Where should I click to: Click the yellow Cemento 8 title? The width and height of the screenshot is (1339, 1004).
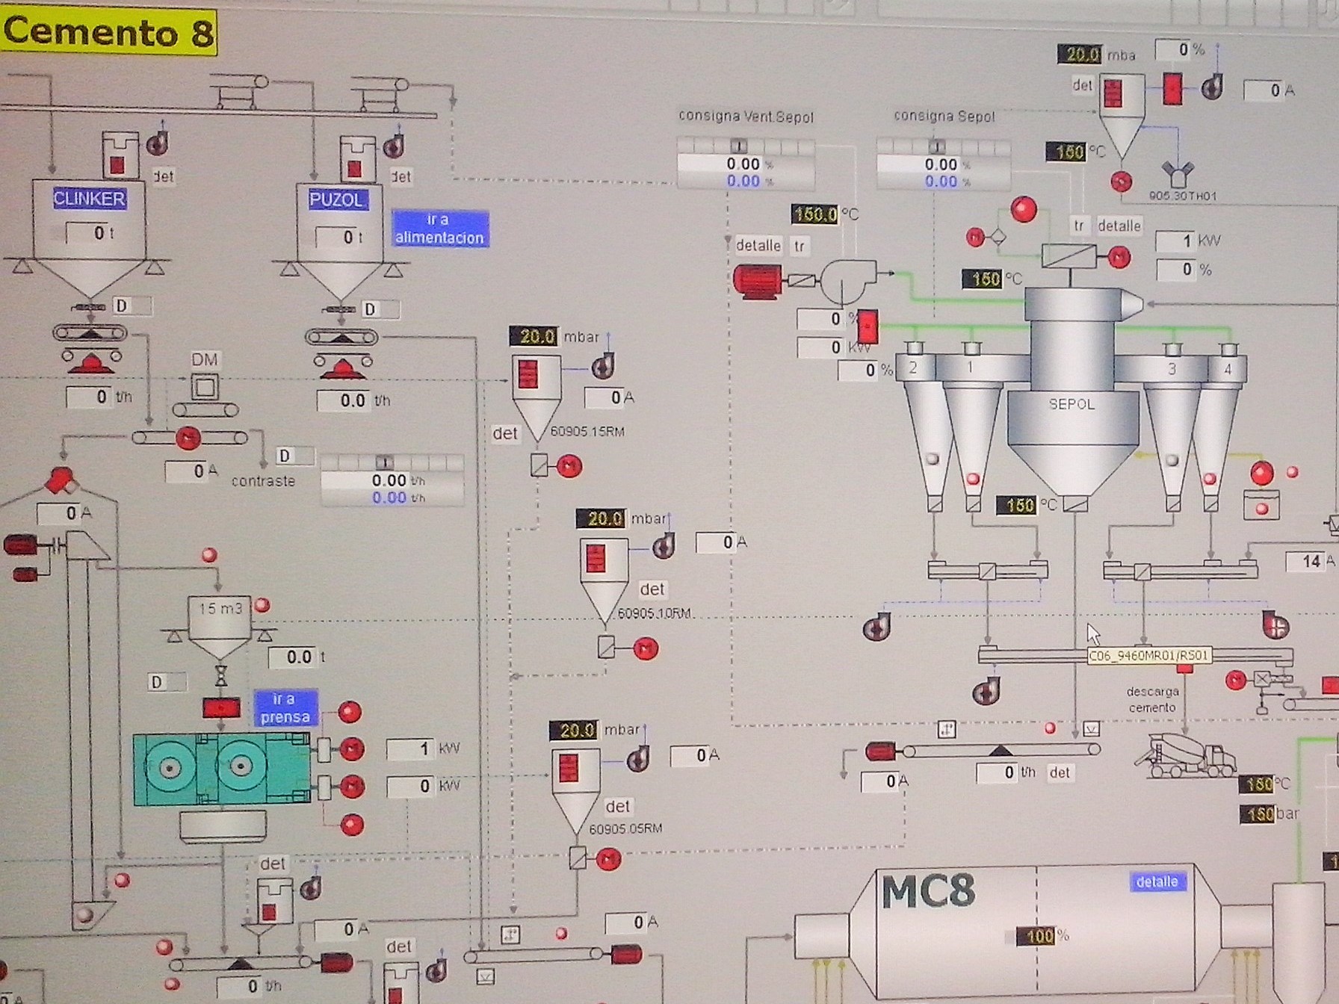click(109, 32)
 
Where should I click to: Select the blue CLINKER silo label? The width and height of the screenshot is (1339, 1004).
click(89, 199)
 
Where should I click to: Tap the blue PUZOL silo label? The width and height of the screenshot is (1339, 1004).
click(337, 199)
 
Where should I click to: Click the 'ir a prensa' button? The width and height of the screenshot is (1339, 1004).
click(285, 708)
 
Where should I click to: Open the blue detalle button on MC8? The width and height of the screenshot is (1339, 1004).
click(1157, 882)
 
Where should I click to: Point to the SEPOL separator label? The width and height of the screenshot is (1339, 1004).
click(1071, 404)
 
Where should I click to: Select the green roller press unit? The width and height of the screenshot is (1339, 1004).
click(221, 769)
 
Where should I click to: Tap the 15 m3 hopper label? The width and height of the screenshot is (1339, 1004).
click(220, 609)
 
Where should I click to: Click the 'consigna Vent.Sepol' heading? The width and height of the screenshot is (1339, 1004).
click(746, 117)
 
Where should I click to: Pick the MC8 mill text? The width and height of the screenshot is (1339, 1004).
click(928, 892)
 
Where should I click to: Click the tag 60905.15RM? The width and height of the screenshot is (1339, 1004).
click(587, 432)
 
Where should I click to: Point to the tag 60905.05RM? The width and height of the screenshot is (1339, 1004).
click(625, 828)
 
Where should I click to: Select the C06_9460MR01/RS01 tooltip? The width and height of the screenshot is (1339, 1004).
click(1148, 656)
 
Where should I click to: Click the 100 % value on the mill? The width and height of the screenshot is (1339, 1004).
click(1041, 936)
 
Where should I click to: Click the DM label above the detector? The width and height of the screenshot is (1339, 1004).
click(204, 360)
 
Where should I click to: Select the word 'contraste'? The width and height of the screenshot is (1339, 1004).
click(263, 481)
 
